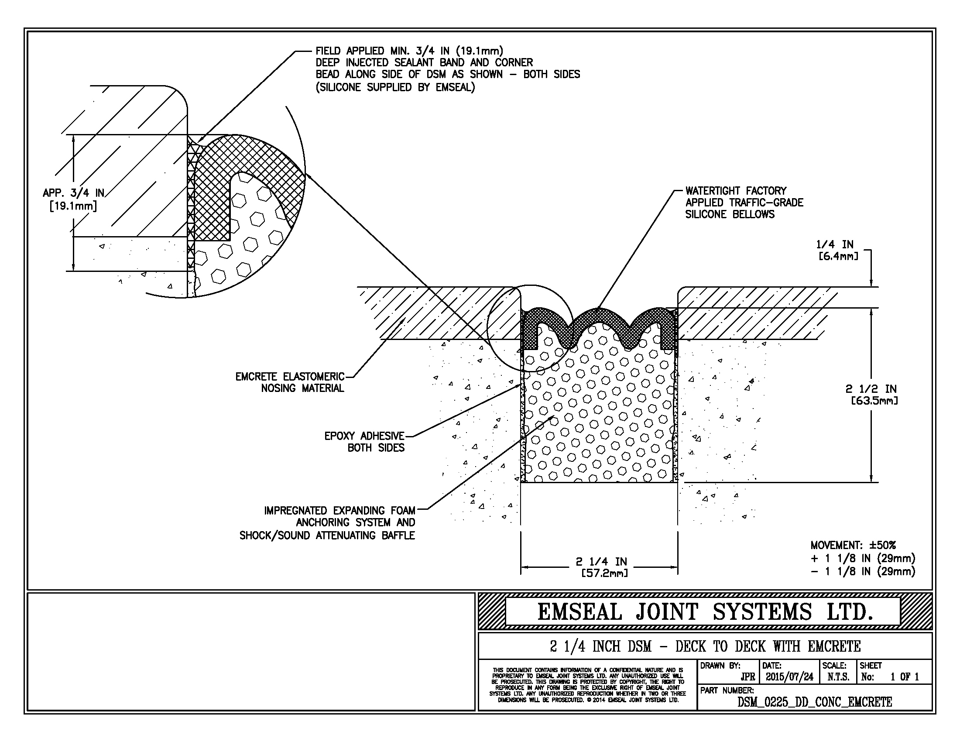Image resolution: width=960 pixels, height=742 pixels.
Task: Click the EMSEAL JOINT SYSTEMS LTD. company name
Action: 705,611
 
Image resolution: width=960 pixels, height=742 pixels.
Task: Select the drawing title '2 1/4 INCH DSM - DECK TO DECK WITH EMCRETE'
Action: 705,646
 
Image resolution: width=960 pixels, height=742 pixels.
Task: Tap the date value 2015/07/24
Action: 789,677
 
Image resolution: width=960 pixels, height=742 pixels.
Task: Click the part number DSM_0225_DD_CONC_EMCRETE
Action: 815,702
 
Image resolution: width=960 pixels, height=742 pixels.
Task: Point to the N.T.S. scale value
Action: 838,677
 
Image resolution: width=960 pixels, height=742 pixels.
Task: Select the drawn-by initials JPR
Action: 747,677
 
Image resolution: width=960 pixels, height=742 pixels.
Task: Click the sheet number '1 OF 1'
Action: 905,677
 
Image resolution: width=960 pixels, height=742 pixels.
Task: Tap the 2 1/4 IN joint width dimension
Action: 602,561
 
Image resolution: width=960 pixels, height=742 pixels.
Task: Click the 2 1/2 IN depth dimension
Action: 871,388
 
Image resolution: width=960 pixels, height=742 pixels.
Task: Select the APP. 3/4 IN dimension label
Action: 73,193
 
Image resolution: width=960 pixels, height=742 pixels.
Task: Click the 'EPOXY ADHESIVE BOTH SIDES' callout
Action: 364,442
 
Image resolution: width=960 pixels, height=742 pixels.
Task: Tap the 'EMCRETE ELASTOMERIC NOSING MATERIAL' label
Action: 290,382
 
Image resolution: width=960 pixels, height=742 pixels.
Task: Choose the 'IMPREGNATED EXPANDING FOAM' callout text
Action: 340,511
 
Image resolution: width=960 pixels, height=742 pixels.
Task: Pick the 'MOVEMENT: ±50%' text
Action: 853,545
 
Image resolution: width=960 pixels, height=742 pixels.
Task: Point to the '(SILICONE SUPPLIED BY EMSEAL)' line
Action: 395,87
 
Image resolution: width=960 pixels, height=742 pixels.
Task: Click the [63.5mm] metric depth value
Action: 874,400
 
